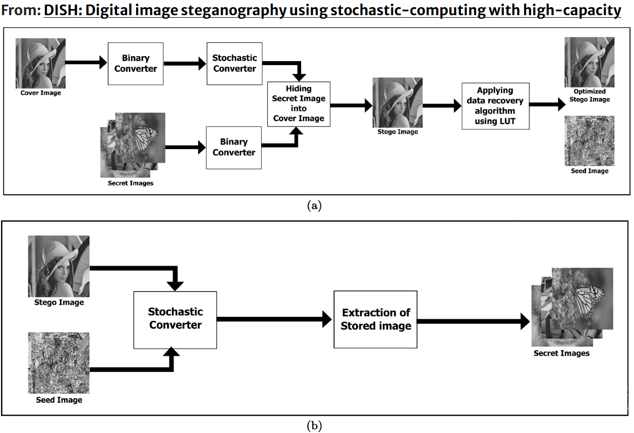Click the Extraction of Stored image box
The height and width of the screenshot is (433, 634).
click(375, 319)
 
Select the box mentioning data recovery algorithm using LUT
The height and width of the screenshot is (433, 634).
click(495, 106)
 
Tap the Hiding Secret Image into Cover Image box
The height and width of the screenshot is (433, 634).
click(299, 104)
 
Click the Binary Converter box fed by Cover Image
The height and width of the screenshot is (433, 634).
click(136, 64)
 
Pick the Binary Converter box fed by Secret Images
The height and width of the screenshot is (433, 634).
click(234, 148)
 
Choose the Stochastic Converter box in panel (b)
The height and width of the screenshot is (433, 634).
click(175, 319)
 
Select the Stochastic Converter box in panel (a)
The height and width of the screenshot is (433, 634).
click(235, 64)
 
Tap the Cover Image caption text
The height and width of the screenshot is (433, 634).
click(40, 93)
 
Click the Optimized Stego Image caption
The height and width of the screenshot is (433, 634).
click(590, 95)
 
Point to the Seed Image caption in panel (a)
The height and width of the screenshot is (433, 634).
click(590, 171)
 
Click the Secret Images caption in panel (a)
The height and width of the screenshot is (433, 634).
click(131, 183)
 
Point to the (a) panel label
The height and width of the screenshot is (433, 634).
click(314, 206)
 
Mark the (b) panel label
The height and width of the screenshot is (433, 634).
click(314, 426)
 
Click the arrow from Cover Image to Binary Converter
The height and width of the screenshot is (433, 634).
click(86, 62)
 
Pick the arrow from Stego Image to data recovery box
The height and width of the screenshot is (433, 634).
click(442, 106)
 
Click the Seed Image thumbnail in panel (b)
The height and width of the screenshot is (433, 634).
click(59, 363)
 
